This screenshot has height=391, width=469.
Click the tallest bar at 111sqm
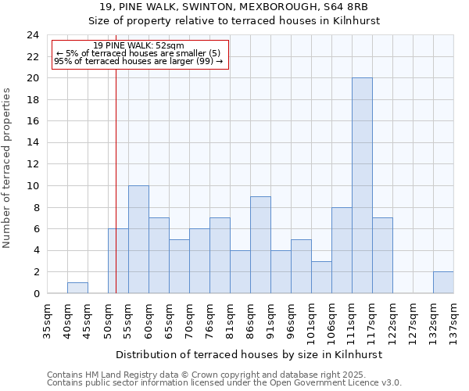tap(362, 185)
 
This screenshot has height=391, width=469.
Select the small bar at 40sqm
tap(77, 288)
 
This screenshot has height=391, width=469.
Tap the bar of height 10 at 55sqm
tap(138, 239)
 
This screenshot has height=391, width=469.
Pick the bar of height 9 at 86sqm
tap(260, 245)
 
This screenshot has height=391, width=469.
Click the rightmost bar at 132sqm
tap(443, 282)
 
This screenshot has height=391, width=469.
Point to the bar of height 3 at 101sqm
tap(321, 277)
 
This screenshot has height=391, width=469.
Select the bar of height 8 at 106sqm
tap(342, 250)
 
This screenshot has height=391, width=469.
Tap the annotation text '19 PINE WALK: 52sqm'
tap(138, 46)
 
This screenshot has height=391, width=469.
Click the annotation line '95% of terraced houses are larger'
tap(138, 61)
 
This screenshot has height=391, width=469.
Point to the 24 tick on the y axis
tap(33, 35)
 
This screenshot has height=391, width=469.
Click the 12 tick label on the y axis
tap(33, 164)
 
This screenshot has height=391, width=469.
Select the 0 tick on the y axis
tap(36, 293)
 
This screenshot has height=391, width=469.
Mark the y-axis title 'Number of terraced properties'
tap(7, 167)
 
